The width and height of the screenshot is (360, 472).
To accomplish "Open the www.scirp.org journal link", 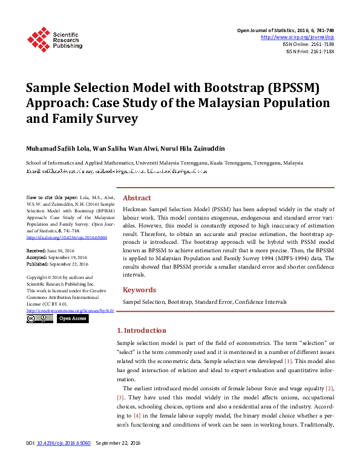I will tap(297, 37).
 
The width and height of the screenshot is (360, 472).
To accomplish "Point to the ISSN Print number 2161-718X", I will tap(320, 51).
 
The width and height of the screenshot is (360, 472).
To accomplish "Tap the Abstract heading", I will tap(137, 198).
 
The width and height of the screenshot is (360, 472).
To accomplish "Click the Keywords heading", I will tap(139, 290).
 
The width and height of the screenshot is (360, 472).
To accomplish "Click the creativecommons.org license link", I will tap(70, 310).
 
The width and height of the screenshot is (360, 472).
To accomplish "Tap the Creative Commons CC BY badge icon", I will tap(40, 319).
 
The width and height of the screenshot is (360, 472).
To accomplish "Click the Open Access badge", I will tap(73, 319).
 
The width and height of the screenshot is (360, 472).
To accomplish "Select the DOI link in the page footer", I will tap(64, 461).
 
